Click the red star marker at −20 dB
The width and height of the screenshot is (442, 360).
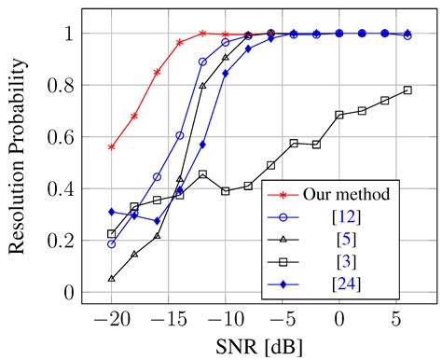(112, 147)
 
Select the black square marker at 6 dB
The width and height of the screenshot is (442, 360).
(407, 90)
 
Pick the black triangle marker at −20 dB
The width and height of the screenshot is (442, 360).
(112, 278)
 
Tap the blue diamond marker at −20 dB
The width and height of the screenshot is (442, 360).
(112, 212)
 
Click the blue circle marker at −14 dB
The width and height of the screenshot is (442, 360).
(180, 135)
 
